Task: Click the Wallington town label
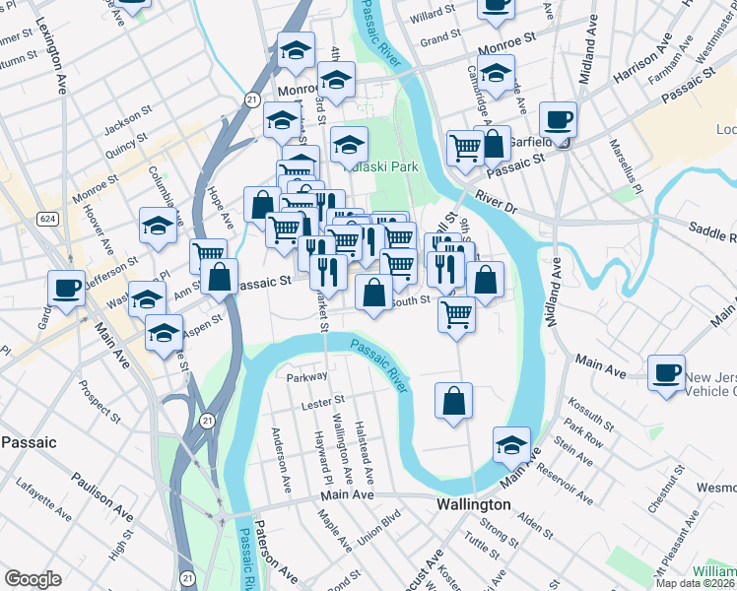point(473,504)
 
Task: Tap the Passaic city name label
point(29,442)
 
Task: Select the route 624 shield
point(47,217)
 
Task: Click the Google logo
point(33,579)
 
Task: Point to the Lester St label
point(324,401)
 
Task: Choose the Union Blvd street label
point(379,528)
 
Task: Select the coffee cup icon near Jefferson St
point(66,287)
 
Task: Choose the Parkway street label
point(305,377)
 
